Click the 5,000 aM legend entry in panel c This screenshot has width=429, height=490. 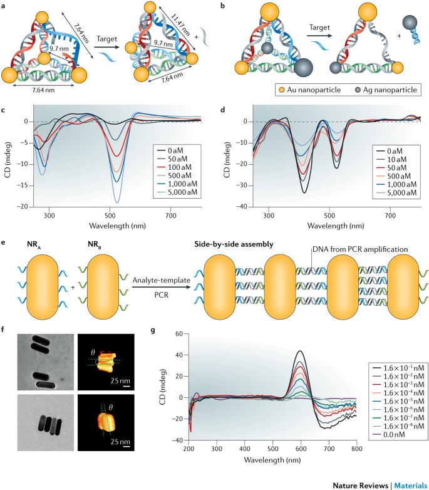pyautogui.click(x=177, y=192)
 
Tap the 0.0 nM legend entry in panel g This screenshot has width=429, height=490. pyautogui.click(x=388, y=434)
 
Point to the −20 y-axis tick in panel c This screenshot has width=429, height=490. pyautogui.click(x=24, y=207)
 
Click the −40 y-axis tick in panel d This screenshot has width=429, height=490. pyautogui.click(x=243, y=207)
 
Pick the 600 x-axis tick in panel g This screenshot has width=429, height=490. pyautogui.click(x=301, y=449)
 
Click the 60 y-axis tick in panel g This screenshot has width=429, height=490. pyautogui.click(x=179, y=334)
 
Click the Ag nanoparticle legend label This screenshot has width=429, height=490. pyautogui.click(x=390, y=90)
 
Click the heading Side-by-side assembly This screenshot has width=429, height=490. pyautogui.click(x=234, y=244)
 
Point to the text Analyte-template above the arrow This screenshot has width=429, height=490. pyautogui.click(x=161, y=280)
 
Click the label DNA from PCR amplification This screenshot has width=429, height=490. pyautogui.click(x=360, y=249)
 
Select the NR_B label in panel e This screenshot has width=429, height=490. pyautogui.click(x=95, y=245)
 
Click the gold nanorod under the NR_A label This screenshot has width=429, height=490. pyautogui.click(x=43, y=286)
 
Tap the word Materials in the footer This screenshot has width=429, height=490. pyautogui.click(x=411, y=486)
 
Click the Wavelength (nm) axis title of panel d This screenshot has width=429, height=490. pyautogui.click(x=336, y=226)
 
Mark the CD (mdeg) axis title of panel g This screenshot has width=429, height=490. pyautogui.click(x=163, y=387)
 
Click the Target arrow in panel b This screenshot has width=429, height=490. pyautogui.click(x=319, y=36)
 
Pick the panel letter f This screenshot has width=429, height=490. pyautogui.click(x=3, y=330)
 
